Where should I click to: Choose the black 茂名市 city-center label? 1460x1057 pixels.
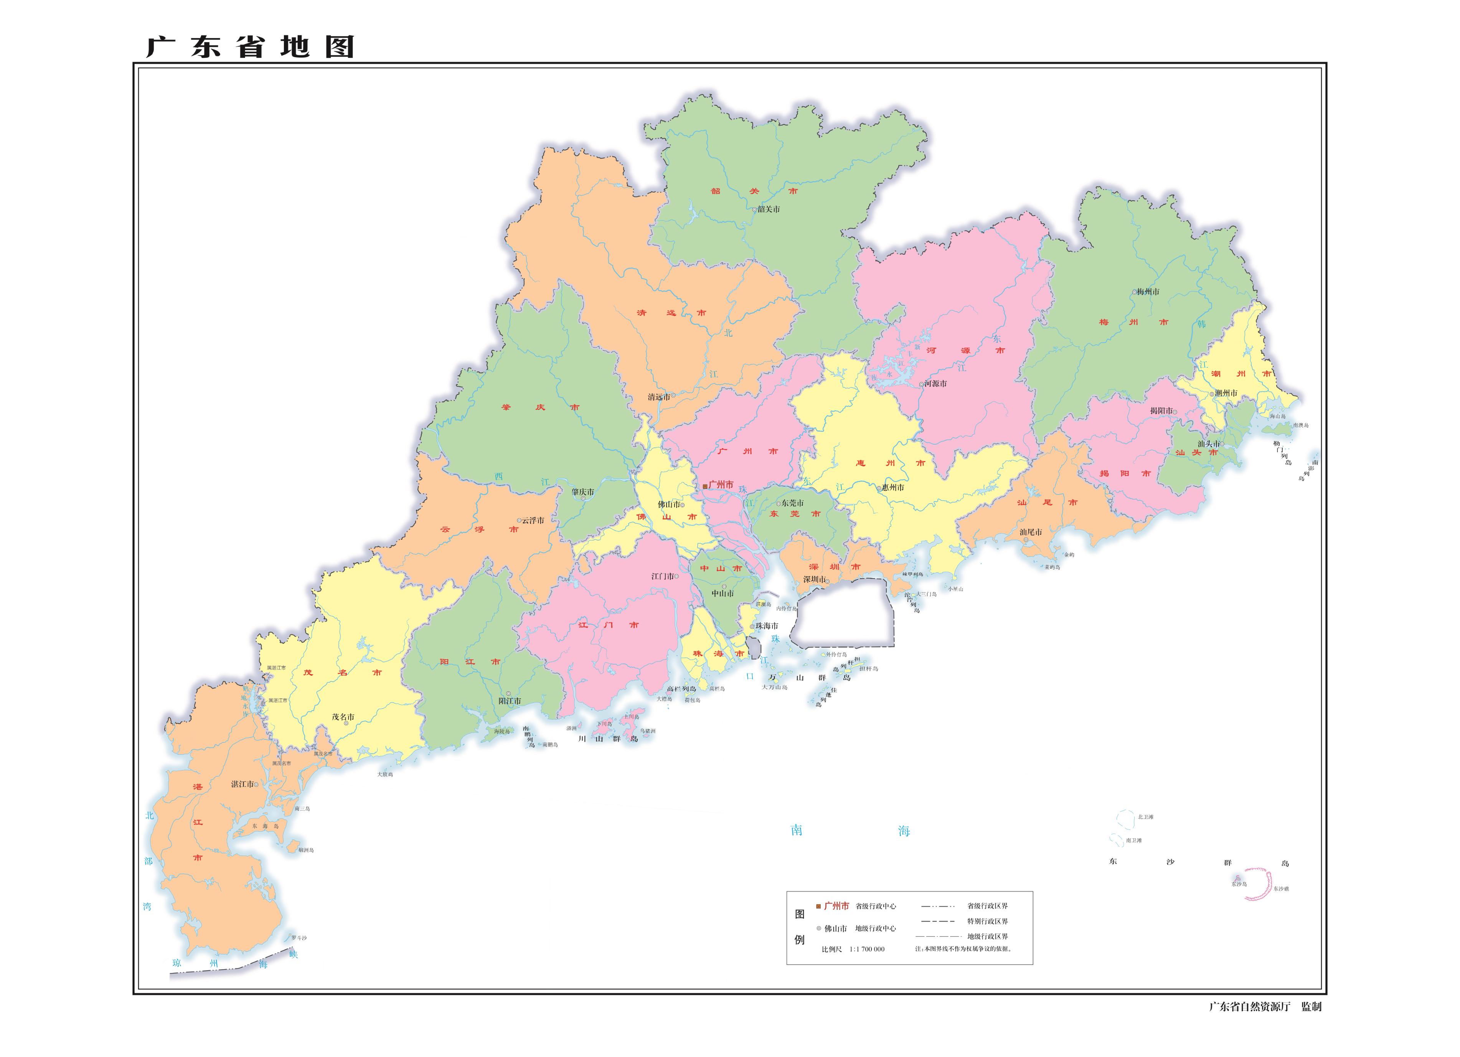[x=343, y=716]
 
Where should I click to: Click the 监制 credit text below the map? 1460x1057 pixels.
[x=1311, y=1006]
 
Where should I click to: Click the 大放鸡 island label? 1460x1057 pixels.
[x=385, y=774]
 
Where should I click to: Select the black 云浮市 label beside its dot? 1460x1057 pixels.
[x=533, y=520]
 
